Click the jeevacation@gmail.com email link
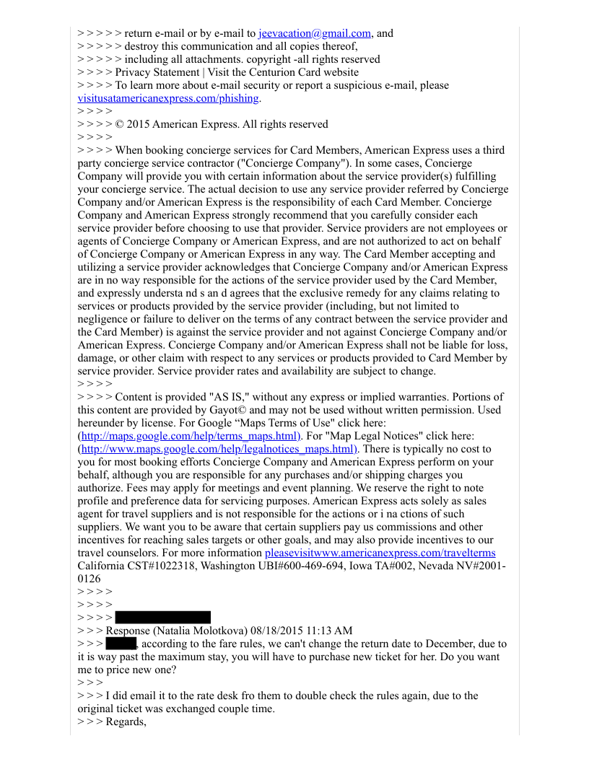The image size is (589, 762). pos(315,33)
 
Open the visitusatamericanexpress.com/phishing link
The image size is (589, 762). pos(169,98)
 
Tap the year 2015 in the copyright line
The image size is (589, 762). pos(139,124)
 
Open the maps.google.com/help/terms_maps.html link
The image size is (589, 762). pos(189,436)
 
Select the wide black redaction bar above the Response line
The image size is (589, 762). pos(162,618)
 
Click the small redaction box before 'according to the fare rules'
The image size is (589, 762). pos(121,644)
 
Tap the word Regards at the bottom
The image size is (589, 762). pos(124,722)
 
